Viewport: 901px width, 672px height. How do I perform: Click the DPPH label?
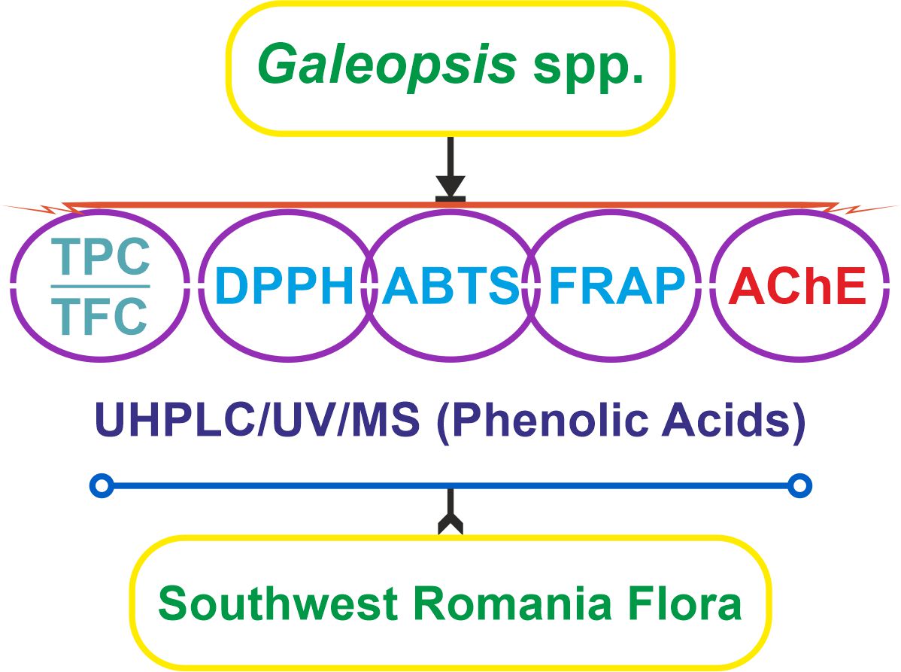point(284,287)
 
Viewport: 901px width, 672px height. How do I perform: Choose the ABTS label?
point(450,287)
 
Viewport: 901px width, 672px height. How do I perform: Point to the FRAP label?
point(617,287)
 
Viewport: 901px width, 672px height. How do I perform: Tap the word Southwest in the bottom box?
point(278,604)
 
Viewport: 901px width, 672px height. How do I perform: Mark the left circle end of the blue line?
point(102,486)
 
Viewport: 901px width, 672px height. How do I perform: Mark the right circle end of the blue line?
point(799,486)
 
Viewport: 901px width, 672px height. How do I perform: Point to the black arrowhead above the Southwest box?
point(450,525)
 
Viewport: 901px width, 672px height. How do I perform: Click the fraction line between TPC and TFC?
point(101,287)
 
